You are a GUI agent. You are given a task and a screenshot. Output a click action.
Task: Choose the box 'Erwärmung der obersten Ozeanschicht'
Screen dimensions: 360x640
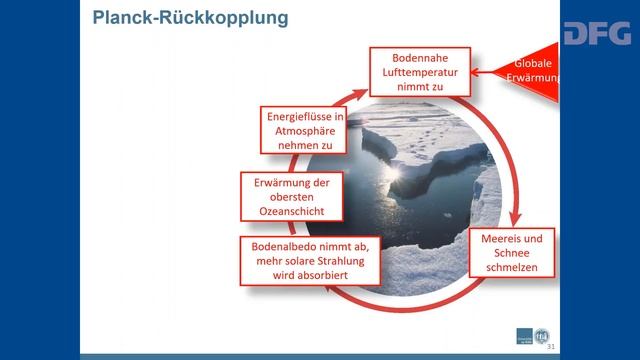pos(288,197)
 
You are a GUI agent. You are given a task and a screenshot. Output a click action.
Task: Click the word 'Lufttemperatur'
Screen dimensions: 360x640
pos(419,72)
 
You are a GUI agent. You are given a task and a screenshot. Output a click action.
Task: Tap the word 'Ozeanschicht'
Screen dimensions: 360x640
pos(288,213)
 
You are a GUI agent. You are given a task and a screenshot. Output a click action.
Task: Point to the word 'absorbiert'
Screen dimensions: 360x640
pos(313,277)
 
